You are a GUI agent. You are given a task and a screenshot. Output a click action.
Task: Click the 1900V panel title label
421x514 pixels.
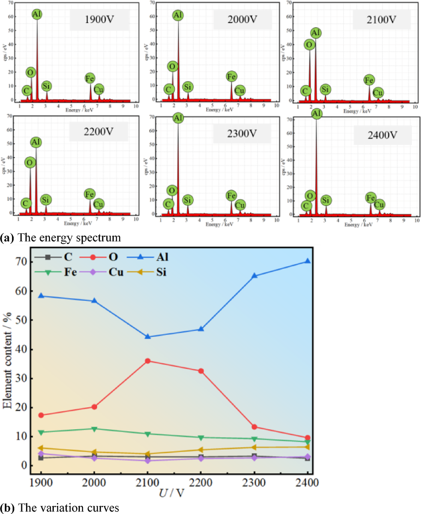(99, 20)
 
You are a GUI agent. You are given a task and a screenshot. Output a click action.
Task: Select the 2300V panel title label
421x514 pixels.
(242, 134)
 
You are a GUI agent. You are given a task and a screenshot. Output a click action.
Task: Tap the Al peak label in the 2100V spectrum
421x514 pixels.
(316, 33)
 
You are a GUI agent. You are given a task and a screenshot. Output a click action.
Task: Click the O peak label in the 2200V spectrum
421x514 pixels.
(30, 162)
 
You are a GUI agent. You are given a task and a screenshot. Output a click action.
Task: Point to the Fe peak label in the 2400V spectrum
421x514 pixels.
(370, 198)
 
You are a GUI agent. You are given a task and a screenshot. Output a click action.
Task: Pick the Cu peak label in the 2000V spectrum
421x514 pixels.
(240, 91)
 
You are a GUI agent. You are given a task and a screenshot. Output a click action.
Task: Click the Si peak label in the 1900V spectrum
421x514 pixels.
(47, 86)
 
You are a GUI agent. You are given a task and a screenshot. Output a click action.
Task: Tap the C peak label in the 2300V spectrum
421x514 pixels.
(168, 204)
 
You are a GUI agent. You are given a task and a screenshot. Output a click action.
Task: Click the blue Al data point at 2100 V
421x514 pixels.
(148, 337)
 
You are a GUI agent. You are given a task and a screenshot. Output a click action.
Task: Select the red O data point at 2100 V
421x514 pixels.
(148, 361)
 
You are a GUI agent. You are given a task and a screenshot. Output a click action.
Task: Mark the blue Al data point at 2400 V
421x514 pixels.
(308, 261)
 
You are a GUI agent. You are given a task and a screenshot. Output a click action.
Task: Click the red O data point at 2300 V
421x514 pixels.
(254, 427)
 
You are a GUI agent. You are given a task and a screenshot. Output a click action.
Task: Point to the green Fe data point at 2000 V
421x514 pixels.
(94, 429)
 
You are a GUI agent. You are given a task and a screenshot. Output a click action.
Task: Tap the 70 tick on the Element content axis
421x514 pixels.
(22, 262)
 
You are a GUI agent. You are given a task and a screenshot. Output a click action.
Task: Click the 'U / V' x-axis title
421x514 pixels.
(171, 493)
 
